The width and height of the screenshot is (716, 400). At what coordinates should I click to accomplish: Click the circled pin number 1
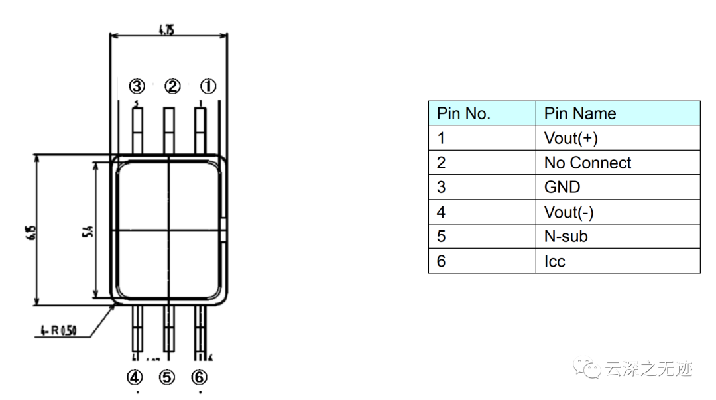[208, 86]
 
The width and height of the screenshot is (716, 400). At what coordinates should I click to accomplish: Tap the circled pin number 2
[172, 86]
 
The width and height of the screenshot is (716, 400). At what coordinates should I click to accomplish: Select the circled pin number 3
[137, 86]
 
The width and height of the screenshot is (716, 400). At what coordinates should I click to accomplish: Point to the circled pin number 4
[135, 377]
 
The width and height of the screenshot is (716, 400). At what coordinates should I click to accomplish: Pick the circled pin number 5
[166, 377]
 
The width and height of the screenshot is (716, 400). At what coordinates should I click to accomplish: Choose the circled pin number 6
[199, 377]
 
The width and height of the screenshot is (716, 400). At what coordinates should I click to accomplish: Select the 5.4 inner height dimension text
[88, 232]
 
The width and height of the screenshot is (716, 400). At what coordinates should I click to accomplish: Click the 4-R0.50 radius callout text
[58, 329]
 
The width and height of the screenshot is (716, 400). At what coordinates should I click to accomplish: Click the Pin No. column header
[463, 113]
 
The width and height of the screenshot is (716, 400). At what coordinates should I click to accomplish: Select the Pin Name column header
[580, 113]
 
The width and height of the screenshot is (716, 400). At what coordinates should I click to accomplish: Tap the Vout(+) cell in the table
[571, 138]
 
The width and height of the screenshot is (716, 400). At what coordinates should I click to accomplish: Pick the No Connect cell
[587, 163]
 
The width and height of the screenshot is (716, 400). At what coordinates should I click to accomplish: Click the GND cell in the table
[562, 187]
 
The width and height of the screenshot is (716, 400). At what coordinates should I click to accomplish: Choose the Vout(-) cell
[569, 212]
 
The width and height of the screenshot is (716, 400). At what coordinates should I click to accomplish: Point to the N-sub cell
[566, 236]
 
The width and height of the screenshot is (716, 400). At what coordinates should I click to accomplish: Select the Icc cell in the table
[554, 261]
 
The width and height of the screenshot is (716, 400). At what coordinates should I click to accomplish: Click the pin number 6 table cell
[442, 261]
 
